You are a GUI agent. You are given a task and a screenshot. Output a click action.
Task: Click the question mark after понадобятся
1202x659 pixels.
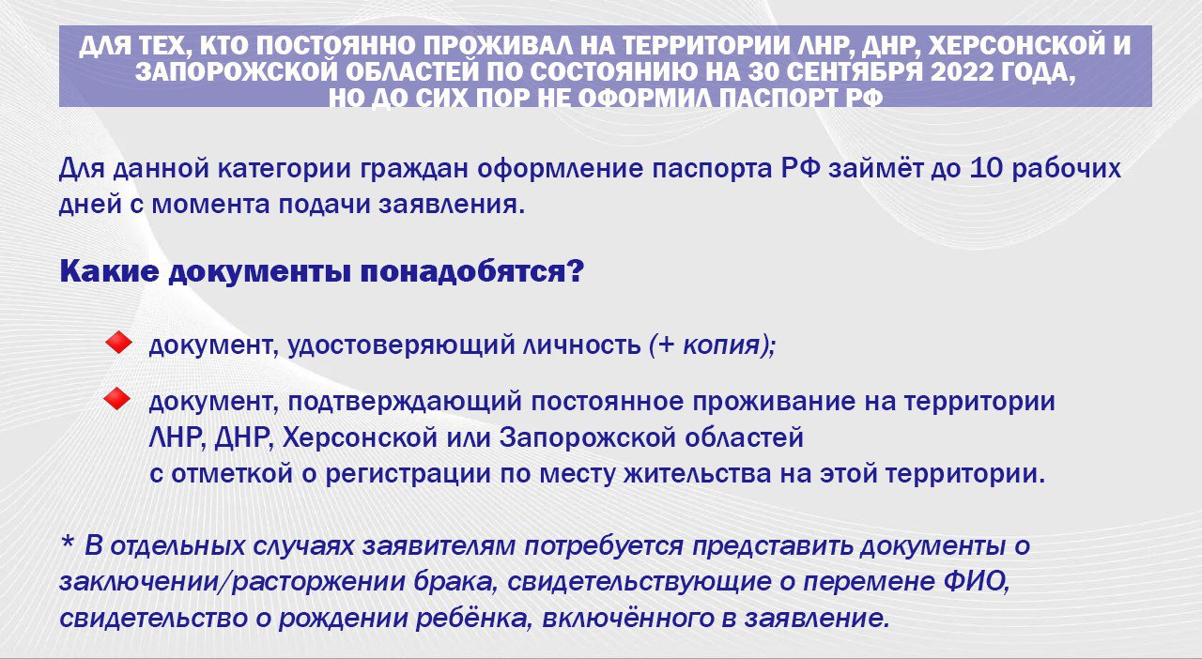click(575, 271)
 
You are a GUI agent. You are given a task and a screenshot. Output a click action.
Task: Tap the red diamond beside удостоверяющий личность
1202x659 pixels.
click(118, 343)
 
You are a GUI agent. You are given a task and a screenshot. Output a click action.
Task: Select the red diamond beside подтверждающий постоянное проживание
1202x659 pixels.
click(117, 400)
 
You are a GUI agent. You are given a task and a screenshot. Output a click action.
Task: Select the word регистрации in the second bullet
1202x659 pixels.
click(408, 474)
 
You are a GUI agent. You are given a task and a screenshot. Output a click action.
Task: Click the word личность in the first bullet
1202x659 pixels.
click(581, 345)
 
